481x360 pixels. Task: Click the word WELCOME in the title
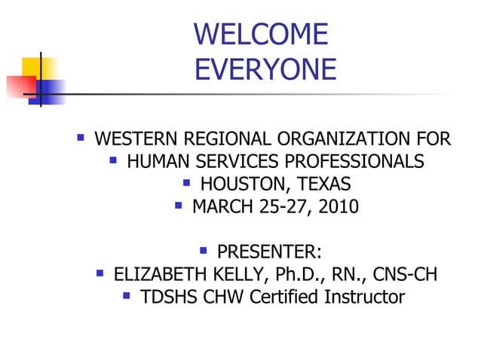[261, 35]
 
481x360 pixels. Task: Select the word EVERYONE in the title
[265, 69]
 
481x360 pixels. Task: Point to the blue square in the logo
[51, 91]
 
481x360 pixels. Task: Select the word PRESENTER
[269, 251]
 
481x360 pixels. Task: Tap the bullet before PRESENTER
[204, 249]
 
